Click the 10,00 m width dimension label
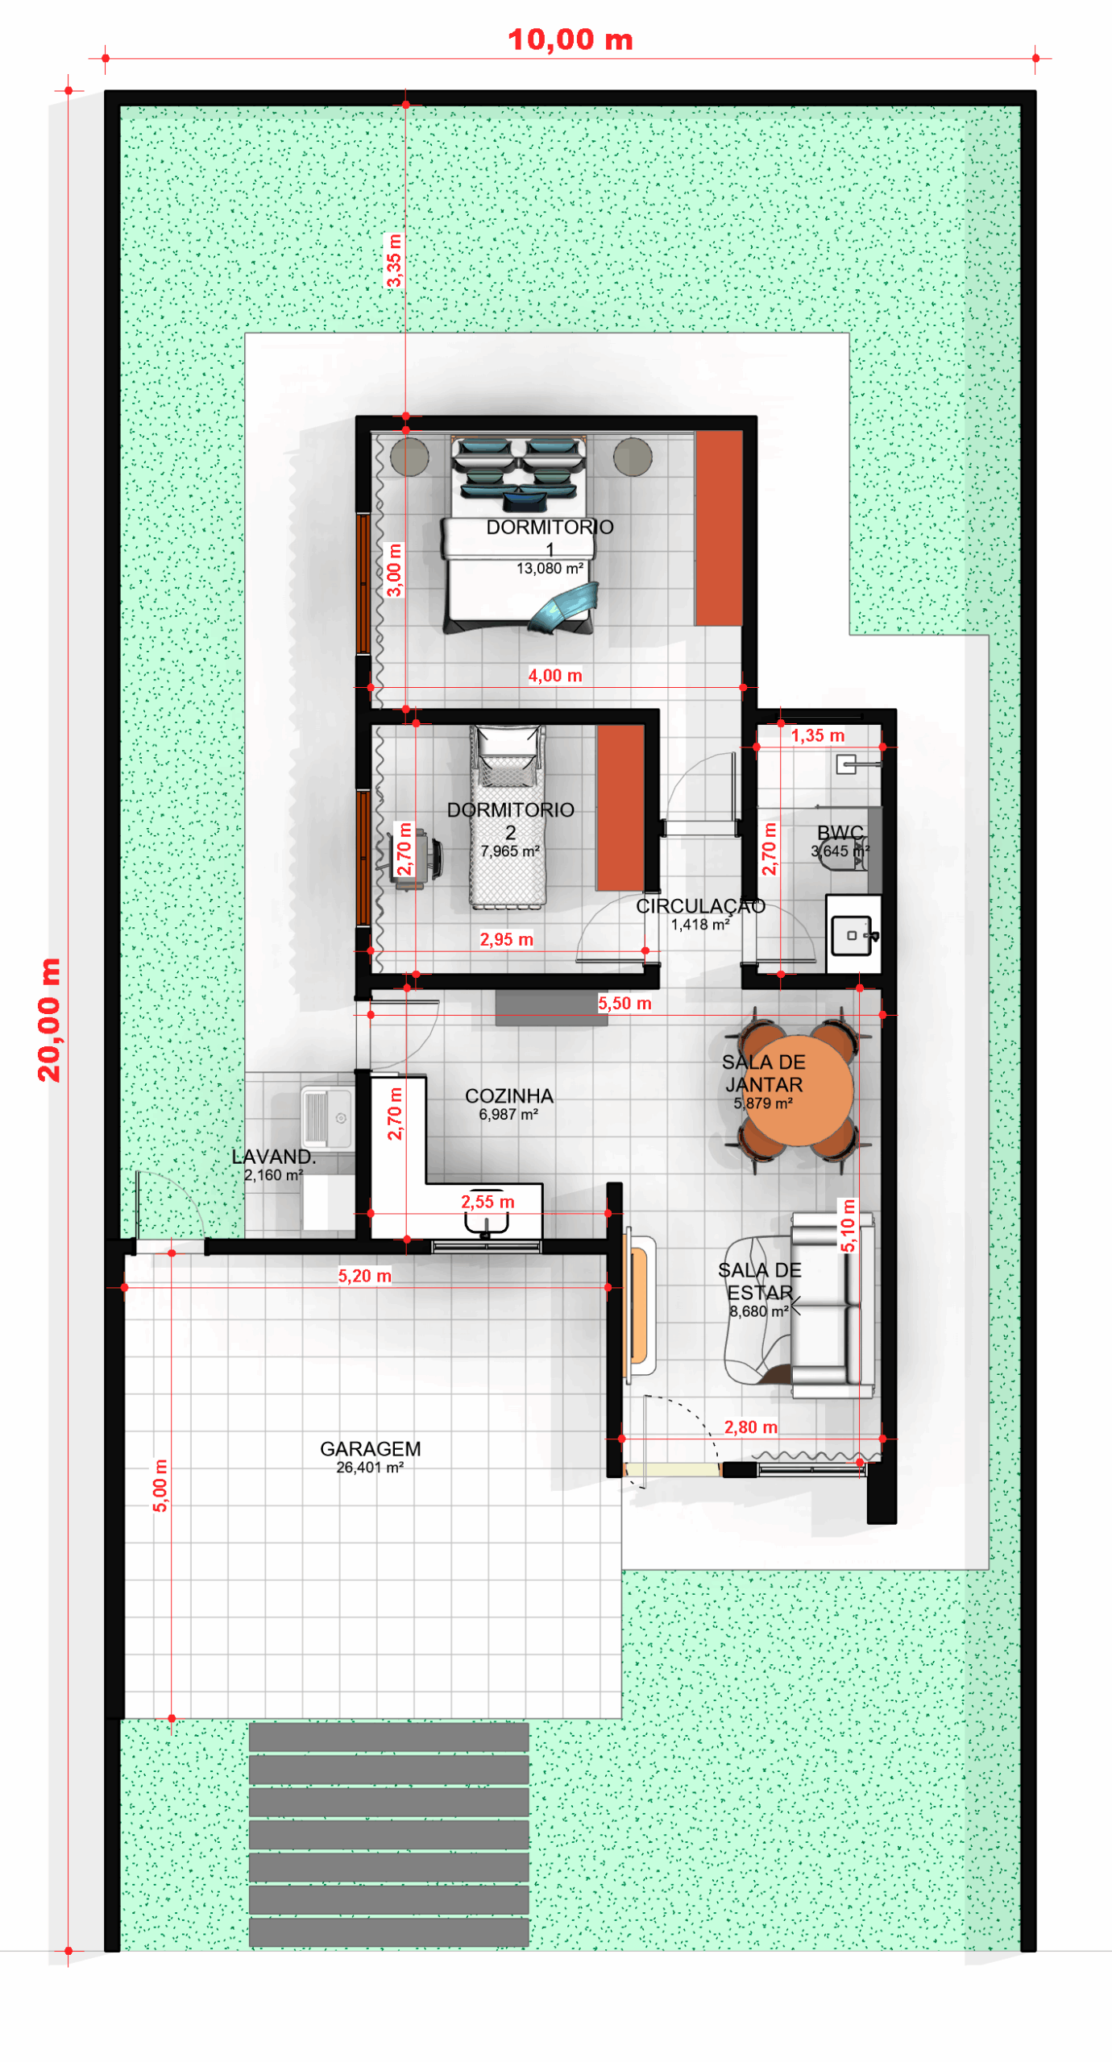[570, 39]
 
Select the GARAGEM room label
[370, 1448]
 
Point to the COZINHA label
[509, 1095]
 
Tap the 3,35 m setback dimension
[393, 260]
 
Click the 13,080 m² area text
[550, 568]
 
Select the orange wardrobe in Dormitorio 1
[719, 528]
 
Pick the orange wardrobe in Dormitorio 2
[620, 807]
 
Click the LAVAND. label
[273, 1156]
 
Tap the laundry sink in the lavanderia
[326, 1116]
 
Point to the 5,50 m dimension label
[624, 1003]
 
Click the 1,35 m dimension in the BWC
[817, 735]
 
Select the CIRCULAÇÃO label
[700, 905]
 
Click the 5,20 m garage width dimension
[364, 1275]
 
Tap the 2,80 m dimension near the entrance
[750, 1426]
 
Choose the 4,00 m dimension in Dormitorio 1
[554, 675]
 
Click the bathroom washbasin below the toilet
[852, 935]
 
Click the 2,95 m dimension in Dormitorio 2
[506, 938]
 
